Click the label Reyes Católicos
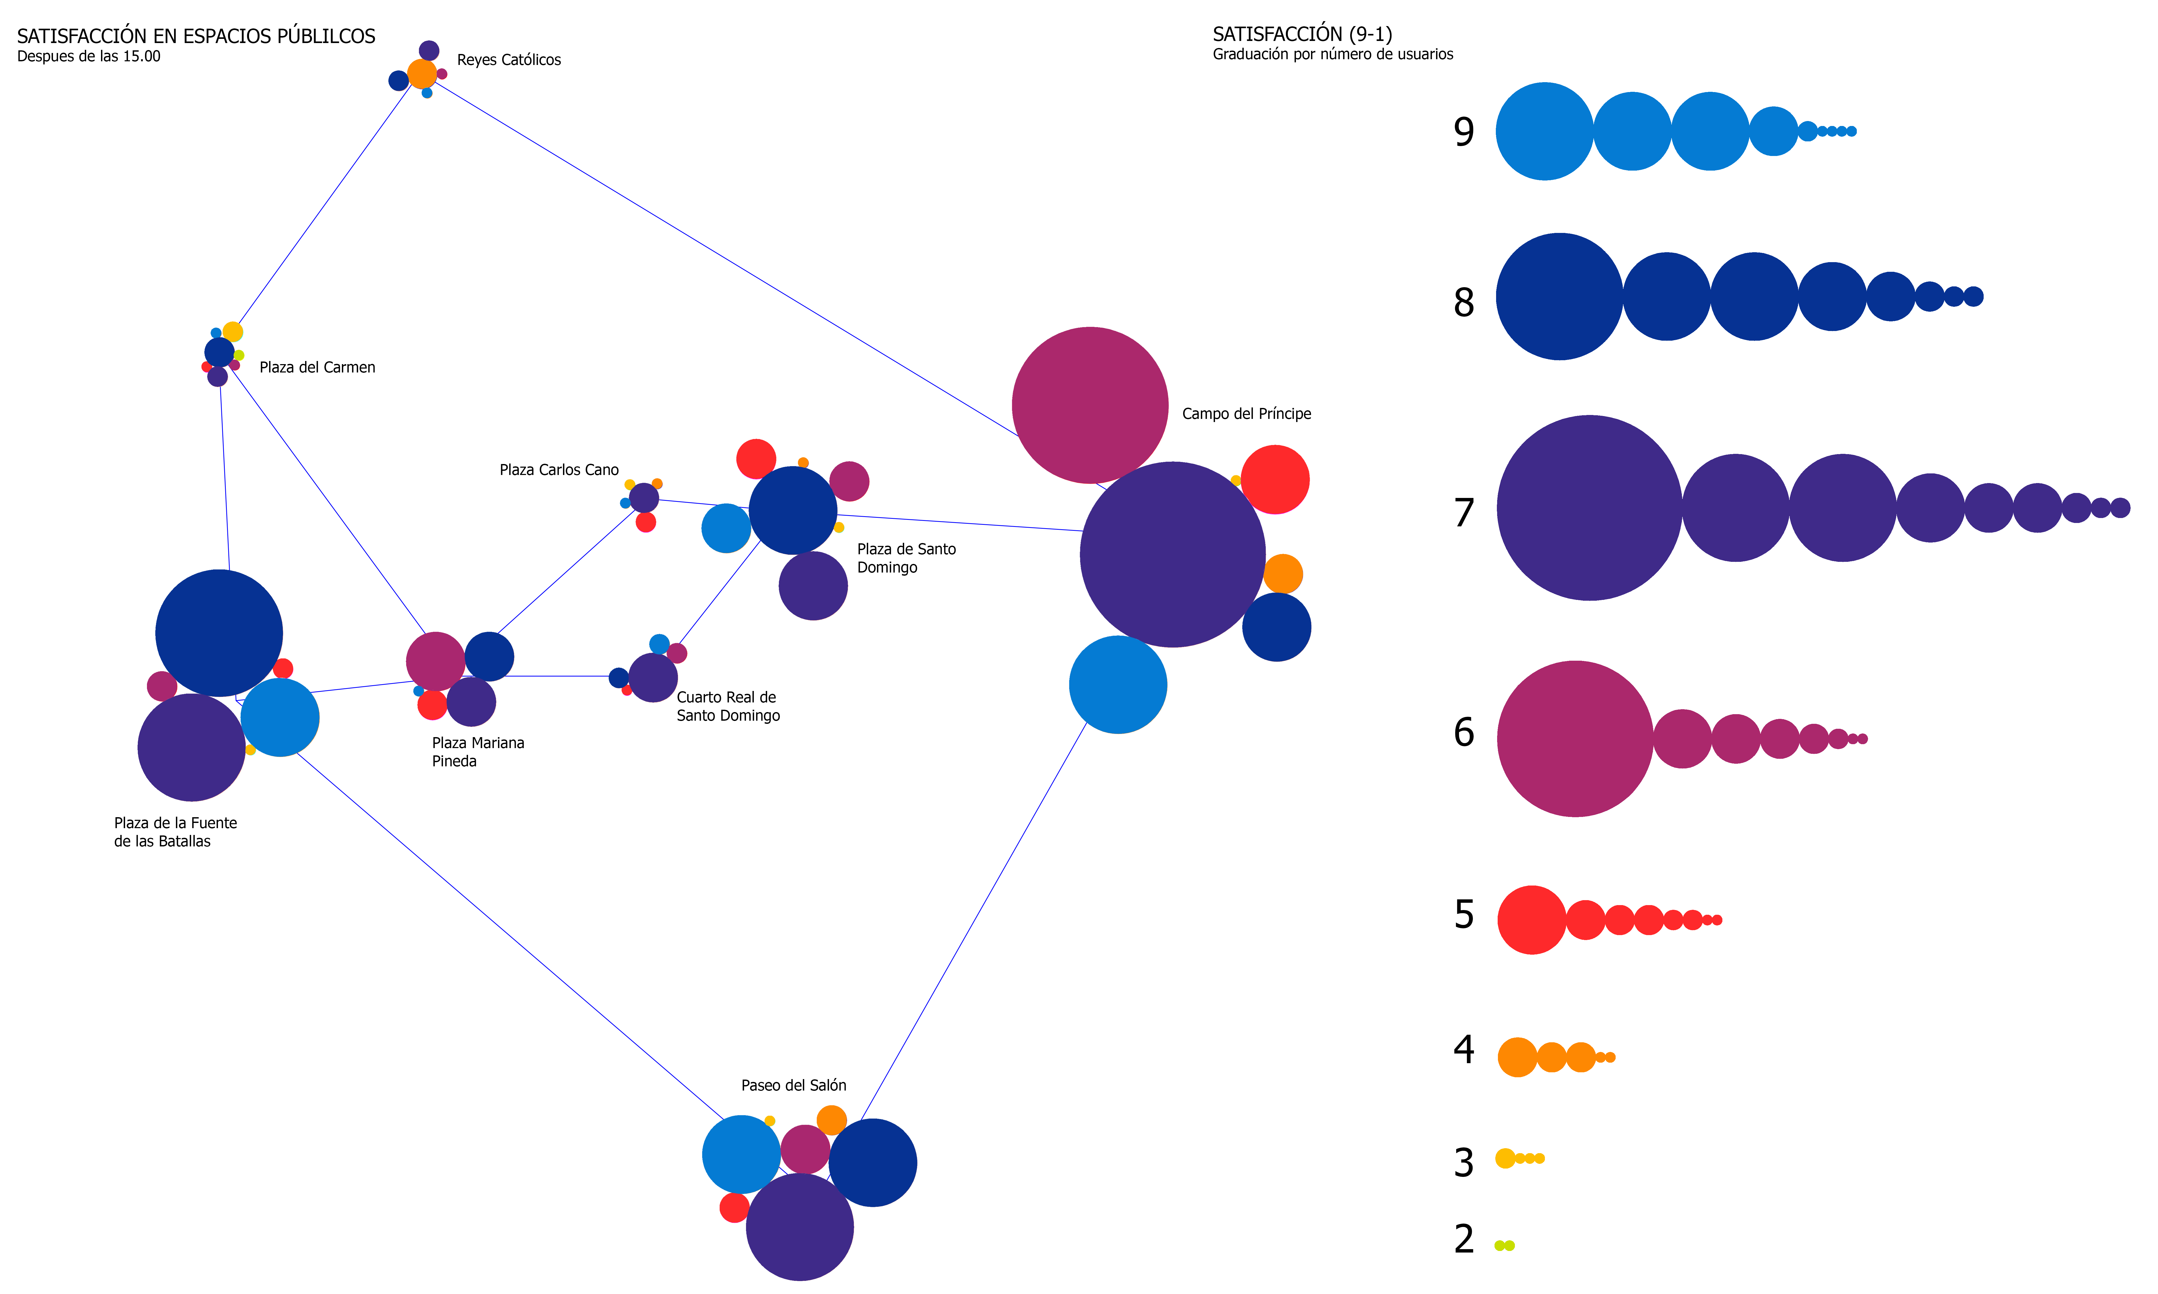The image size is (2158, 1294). point(508,60)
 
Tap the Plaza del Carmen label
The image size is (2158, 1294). point(317,368)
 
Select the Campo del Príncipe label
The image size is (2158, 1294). point(1247,414)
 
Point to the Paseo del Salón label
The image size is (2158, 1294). point(794,1086)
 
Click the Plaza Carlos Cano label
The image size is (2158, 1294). point(559,470)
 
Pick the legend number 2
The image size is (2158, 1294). point(1464,1239)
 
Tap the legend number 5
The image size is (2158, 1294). point(1464,915)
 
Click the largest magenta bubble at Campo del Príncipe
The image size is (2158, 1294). point(1090,405)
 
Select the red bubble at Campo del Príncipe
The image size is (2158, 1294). point(1275,480)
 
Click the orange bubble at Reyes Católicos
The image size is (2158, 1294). point(422,74)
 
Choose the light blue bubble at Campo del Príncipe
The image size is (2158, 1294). point(1118,685)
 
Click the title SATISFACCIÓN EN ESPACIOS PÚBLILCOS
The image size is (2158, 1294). point(196,37)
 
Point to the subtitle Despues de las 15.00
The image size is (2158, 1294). point(89,57)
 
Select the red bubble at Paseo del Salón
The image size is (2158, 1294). point(734,1208)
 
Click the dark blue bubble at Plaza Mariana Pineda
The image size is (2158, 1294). point(489,657)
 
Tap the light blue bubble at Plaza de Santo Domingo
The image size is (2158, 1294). point(727,528)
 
